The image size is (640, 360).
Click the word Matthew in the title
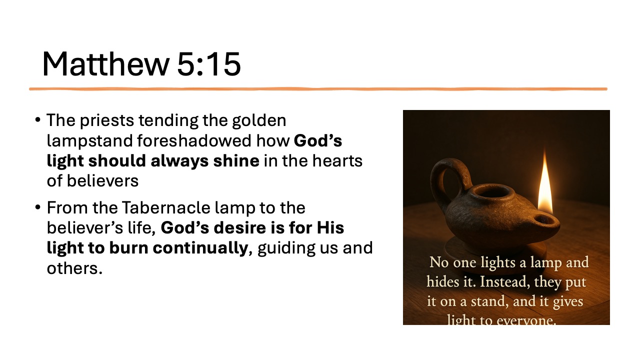click(x=104, y=64)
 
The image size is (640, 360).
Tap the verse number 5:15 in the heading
click(x=208, y=64)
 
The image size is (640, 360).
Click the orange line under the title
click(x=318, y=89)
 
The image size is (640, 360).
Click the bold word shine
click(x=239, y=161)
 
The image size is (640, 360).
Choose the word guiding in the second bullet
click(x=285, y=248)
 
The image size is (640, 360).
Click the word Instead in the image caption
click(x=502, y=281)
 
